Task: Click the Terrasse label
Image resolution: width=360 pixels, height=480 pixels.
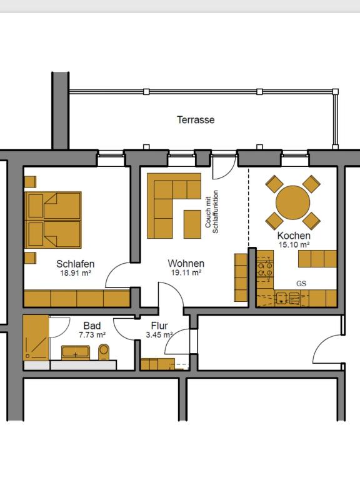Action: pyautogui.click(x=196, y=120)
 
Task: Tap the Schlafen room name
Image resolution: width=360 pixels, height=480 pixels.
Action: pyautogui.click(x=75, y=264)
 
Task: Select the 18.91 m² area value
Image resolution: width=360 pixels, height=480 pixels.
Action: pyautogui.click(x=75, y=273)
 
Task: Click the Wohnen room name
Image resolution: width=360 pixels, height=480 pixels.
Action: pyautogui.click(x=186, y=263)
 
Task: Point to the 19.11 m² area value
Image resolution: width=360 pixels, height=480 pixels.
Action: pyautogui.click(x=186, y=272)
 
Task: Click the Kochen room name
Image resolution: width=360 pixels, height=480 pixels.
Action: pyautogui.click(x=294, y=236)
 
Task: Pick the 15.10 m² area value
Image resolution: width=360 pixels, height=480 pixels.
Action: pyautogui.click(x=294, y=245)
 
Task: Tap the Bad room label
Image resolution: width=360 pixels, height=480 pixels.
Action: pyautogui.click(x=92, y=326)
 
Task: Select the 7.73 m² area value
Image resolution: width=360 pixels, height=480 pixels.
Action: pyautogui.click(x=92, y=335)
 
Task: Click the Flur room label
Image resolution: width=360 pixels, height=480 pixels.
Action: pyautogui.click(x=159, y=326)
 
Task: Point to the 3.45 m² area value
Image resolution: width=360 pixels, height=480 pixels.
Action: pyautogui.click(x=159, y=335)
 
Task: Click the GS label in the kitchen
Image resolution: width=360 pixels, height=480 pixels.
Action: pyautogui.click(x=301, y=284)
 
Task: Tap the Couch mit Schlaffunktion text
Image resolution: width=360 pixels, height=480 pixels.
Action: pyautogui.click(x=212, y=212)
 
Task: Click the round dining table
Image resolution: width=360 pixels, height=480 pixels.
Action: pyautogui.click(x=293, y=202)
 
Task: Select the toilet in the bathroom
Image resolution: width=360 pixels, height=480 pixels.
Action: pyautogui.click(x=104, y=352)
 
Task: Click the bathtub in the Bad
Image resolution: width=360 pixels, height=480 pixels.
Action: pyautogui.click(x=76, y=353)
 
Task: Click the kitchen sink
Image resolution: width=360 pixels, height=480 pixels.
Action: pyautogui.click(x=287, y=298)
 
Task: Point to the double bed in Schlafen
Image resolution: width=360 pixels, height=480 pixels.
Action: pyautogui.click(x=52, y=220)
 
